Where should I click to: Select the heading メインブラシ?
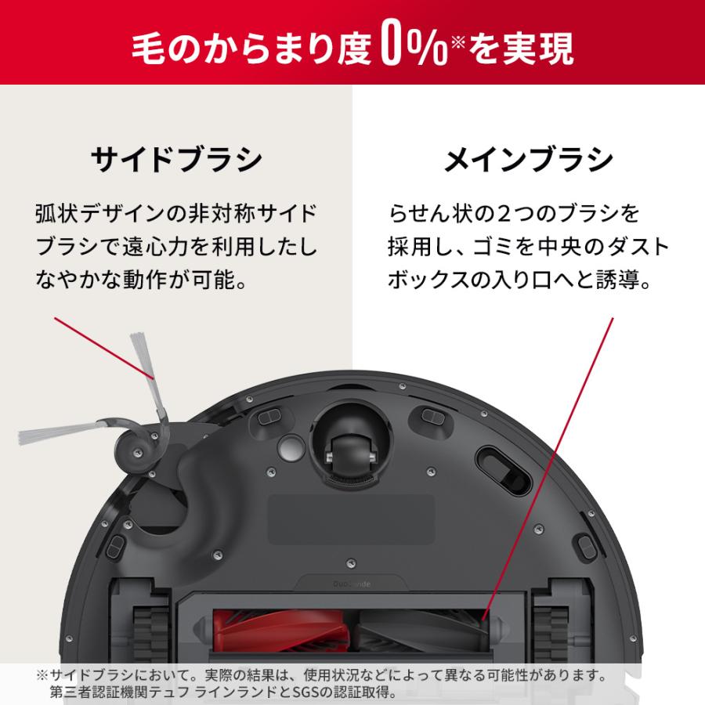click(x=528, y=159)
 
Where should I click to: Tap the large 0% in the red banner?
click(x=414, y=48)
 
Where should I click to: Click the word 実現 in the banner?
click(x=542, y=49)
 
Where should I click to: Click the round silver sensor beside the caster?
click(x=289, y=447)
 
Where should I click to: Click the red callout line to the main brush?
click(x=548, y=470)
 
